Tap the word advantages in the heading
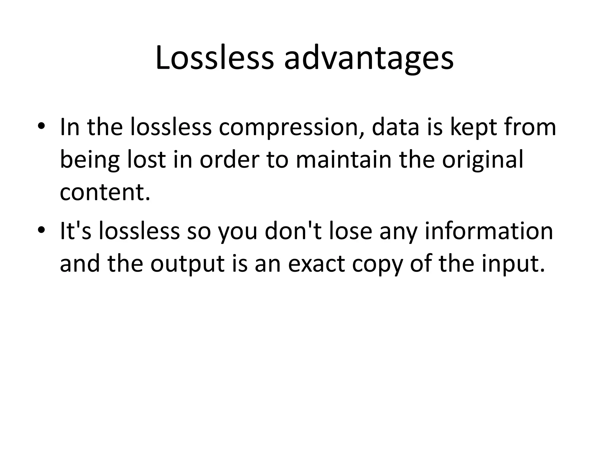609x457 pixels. pos(369,60)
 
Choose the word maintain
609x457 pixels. pos(343,159)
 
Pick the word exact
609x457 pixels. pos(317,263)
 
